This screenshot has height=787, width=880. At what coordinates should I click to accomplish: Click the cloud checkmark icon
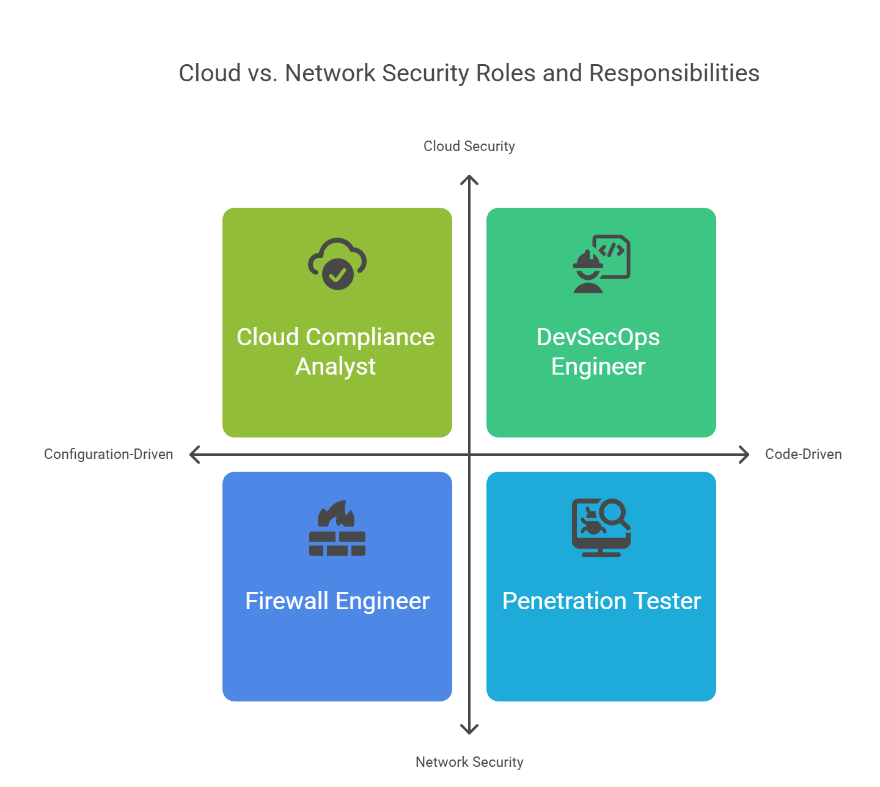[x=337, y=264]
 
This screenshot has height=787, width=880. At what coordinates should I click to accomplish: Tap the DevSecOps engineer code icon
[x=601, y=264]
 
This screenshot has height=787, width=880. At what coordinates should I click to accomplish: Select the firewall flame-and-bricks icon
[x=337, y=528]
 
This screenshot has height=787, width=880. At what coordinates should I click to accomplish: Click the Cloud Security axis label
[x=469, y=146]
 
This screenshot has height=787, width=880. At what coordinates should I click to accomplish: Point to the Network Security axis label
[x=469, y=762]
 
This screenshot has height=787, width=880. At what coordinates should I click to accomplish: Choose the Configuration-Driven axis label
[x=108, y=454]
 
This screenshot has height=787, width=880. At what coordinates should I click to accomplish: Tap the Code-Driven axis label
[x=803, y=454]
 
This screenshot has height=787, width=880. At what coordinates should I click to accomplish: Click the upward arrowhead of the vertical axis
[x=469, y=178]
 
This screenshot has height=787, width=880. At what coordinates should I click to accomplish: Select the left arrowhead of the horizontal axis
[x=193, y=455]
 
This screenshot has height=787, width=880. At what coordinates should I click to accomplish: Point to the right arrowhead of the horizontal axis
[x=746, y=455]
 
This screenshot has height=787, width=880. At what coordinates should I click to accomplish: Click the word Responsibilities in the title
[x=674, y=73]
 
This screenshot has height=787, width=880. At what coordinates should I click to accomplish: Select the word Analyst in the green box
[x=335, y=367]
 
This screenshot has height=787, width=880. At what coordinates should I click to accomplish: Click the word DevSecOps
[x=598, y=337]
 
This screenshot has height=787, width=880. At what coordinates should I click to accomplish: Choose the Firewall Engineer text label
[x=337, y=601]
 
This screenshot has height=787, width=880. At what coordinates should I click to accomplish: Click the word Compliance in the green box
[x=370, y=337]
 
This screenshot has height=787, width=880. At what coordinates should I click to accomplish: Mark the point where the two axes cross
[x=469, y=455]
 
